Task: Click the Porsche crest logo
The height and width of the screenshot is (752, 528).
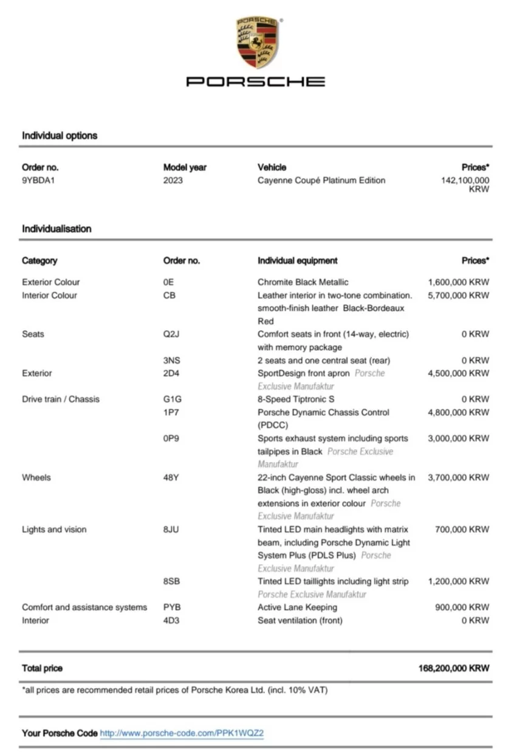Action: click(x=256, y=42)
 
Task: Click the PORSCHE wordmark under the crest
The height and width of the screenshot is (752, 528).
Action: click(x=256, y=81)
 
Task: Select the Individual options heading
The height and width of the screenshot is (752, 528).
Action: click(x=60, y=136)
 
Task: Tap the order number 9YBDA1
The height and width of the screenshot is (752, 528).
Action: click(x=38, y=181)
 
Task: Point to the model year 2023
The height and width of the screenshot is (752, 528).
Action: click(x=173, y=181)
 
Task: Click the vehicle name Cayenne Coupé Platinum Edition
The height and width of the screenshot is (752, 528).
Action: click(x=321, y=181)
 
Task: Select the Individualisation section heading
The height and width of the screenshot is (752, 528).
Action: click(x=57, y=229)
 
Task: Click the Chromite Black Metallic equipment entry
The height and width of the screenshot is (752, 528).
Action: click(x=303, y=282)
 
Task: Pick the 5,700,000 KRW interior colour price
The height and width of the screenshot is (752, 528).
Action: click(x=458, y=295)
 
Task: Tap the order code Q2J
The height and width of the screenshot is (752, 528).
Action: click(x=172, y=334)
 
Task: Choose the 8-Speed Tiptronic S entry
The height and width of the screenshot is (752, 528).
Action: click(x=296, y=399)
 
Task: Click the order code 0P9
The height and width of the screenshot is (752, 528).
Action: click(x=171, y=438)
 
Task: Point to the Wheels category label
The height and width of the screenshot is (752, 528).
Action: click(x=36, y=478)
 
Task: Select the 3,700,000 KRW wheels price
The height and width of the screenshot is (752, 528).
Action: click(x=458, y=478)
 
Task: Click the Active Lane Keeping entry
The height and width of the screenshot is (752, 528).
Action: click(x=297, y=607)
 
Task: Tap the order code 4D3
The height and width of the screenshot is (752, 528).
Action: click(x=171, y=621)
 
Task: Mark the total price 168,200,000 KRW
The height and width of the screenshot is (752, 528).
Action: click(x=453, y=668)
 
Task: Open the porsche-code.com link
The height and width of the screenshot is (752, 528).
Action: click(x=182, y=733)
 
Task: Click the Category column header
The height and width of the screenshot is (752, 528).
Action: click(x=39, y=261)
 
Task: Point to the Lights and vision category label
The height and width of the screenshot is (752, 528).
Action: click(x=54, y=530)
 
